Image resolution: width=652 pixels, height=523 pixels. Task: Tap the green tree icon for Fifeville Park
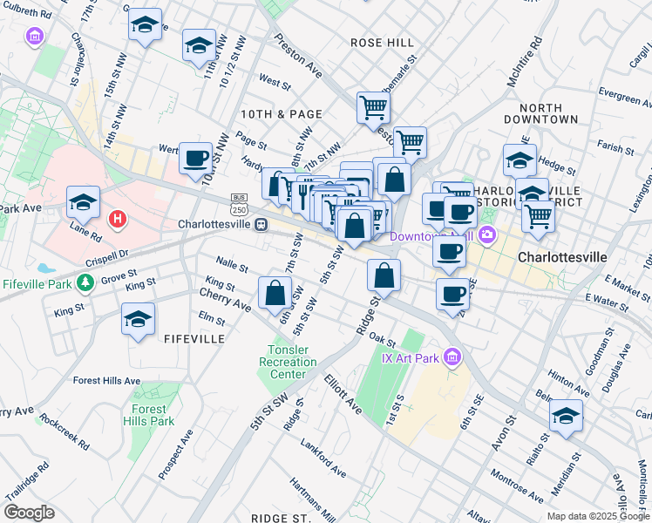85,282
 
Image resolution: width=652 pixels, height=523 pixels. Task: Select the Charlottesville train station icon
261,224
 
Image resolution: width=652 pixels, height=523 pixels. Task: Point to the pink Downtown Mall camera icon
486,234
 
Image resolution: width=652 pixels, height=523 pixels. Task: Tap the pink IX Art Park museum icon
451,357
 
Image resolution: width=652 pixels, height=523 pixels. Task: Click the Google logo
29,512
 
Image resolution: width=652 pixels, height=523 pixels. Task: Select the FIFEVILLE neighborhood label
194,338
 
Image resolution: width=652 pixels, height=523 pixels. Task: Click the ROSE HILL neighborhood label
382,42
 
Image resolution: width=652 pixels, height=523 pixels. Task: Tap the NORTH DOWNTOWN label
540,112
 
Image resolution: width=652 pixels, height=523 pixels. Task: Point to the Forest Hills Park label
153,415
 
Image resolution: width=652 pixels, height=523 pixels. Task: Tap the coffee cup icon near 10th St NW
195,158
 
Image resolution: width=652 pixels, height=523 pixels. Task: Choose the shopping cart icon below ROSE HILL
372,107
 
